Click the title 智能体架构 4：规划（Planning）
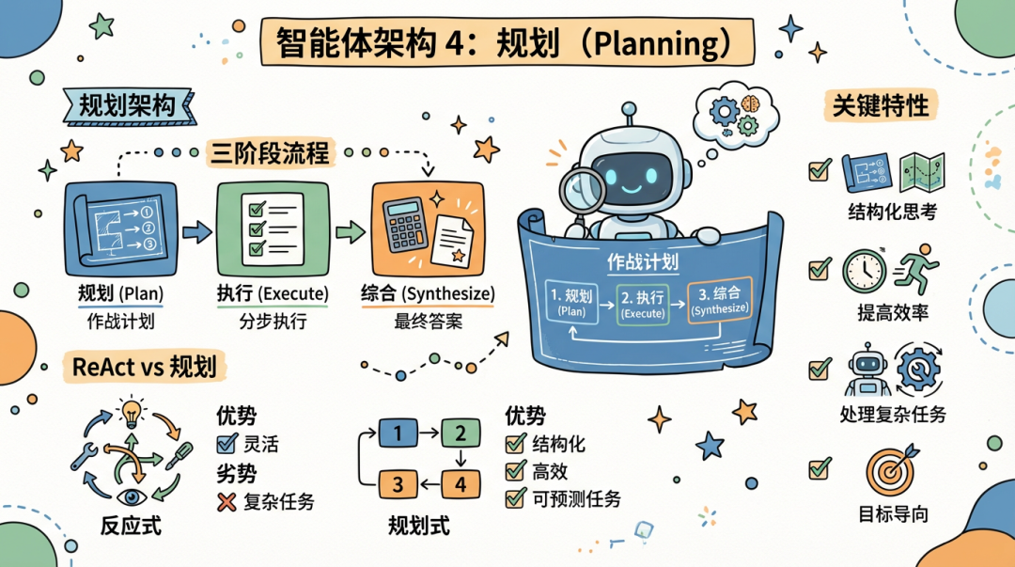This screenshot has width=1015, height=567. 496,43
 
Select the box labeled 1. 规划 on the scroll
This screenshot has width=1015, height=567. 572,301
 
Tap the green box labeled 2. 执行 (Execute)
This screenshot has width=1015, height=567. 642,303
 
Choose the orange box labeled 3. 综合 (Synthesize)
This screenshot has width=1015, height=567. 719,301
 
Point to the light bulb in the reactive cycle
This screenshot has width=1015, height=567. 129,413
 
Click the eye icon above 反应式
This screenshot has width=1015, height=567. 130,495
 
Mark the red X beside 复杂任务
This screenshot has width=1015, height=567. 226,502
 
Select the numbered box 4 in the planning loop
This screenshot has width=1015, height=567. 461,484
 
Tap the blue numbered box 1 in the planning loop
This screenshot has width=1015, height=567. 398,433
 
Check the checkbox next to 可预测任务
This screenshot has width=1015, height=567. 514,498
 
